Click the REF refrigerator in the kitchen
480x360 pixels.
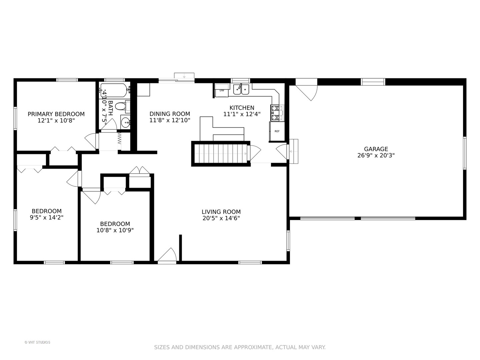click(x=277, y=131)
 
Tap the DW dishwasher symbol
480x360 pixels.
click(x=222, y=90)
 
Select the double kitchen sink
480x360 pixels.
click(x=241, y=89)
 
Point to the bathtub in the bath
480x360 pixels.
click(x=114, y=90)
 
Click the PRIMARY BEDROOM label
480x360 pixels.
click(x=56, y=114)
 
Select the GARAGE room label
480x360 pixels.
click(x=376, y=149)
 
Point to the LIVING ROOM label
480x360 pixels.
click(x=221, y=212)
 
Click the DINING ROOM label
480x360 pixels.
click(x=170, y=114)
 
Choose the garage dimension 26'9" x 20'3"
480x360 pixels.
click(x=376, y=155)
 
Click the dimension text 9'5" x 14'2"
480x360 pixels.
click(x=47, y=217)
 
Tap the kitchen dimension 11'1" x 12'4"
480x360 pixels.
click(x=242, y=114)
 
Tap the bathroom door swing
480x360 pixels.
click(x=109, y=125)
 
